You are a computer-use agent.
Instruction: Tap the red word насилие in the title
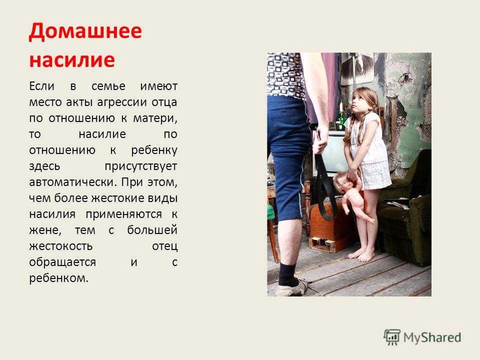click(72, 59)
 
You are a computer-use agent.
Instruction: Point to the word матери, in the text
click(155, 118)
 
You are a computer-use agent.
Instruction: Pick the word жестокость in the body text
click(61, 246)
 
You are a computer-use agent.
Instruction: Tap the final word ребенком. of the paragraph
click(59, 278)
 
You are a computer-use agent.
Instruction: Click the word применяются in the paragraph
click(124, 214)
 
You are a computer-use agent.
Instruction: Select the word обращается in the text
click(62, 262)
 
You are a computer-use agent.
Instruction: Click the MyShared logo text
click(432, 337)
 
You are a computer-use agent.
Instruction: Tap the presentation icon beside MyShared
click(392, 337)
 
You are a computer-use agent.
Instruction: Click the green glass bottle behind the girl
click(340, 119)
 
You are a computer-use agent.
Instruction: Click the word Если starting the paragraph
click(41, 86)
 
